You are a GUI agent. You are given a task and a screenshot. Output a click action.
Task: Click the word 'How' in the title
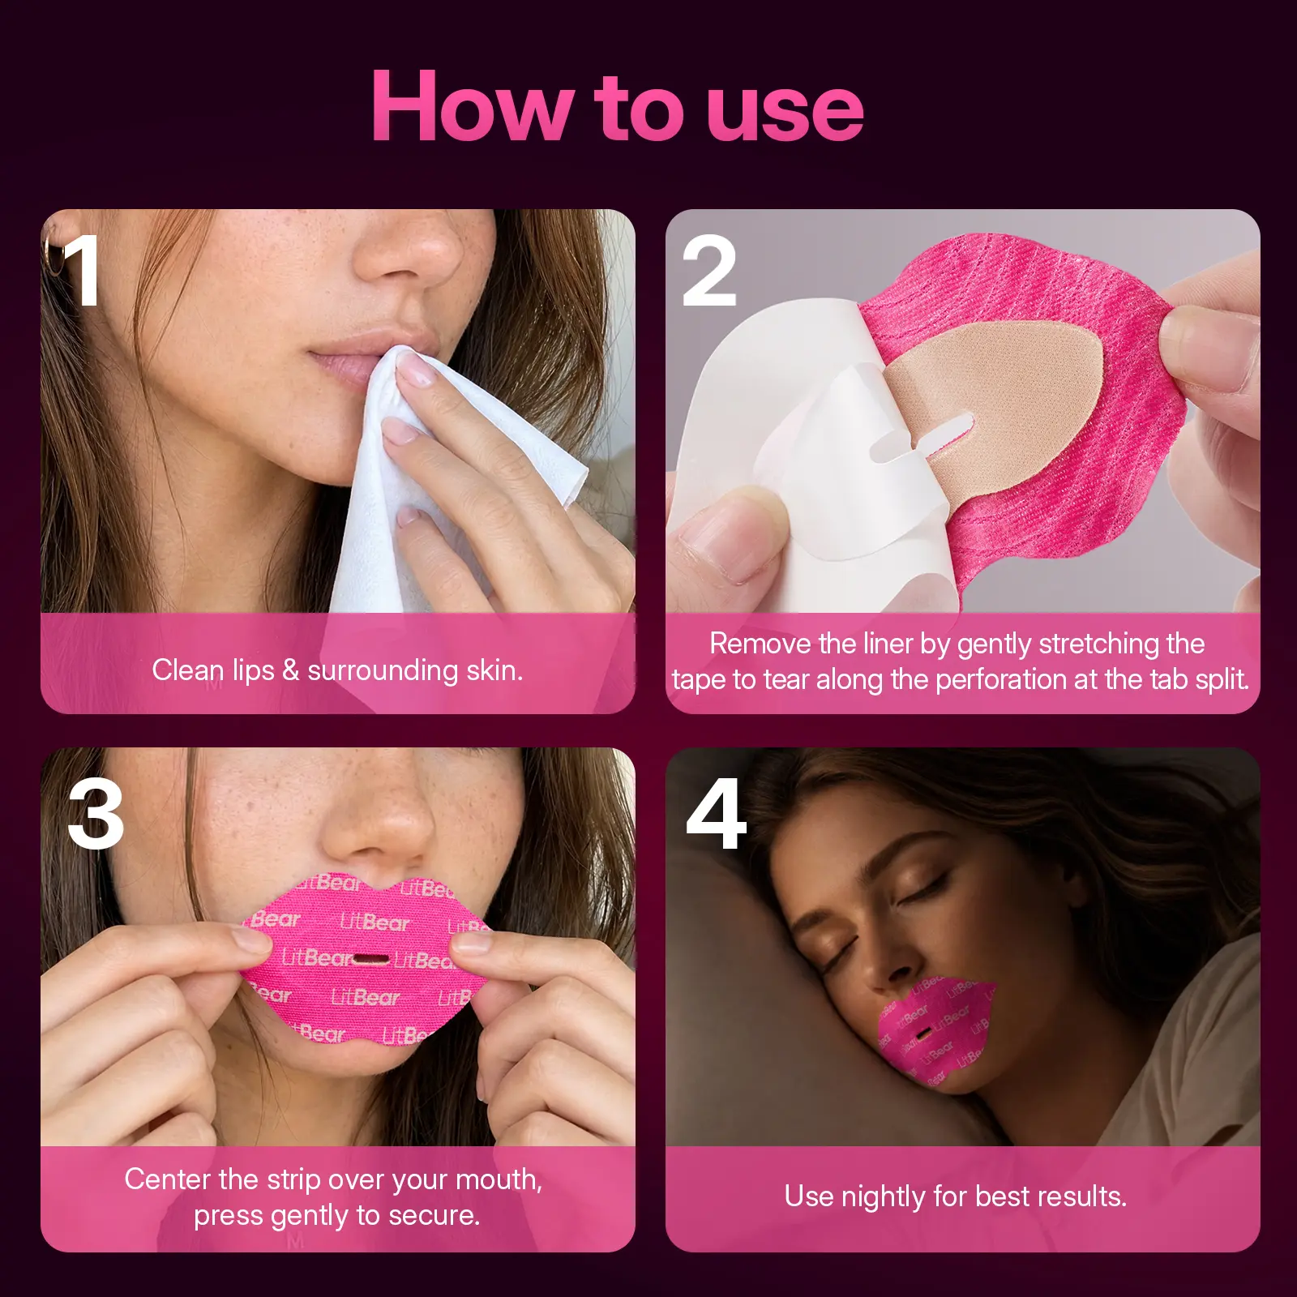[473, 106]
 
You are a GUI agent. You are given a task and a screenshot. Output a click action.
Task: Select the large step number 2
[709, 271]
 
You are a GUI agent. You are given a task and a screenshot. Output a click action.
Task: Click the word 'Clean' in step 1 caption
[187, 670]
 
